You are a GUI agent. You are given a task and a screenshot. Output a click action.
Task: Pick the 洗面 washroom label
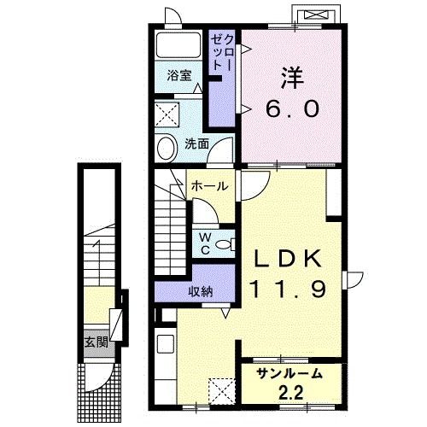[197, 143]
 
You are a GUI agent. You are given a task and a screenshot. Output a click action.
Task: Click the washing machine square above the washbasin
[168, 114]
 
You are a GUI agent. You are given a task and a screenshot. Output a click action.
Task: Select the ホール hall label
[209, 185]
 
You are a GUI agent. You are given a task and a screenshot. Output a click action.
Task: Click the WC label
[206, 243]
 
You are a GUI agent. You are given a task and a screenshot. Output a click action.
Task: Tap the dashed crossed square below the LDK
[223, 390]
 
